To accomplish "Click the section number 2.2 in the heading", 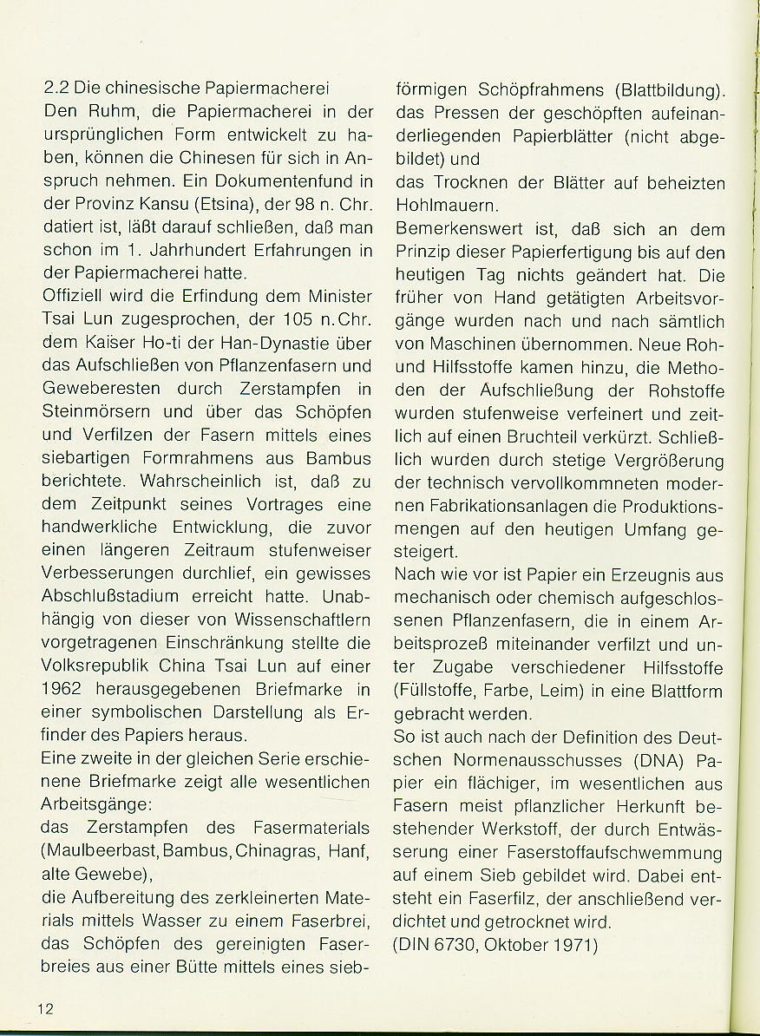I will click(x=56, y=89).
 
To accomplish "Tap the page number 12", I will click(x=46, y=1008).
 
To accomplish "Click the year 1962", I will click(x=68, y=689).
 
